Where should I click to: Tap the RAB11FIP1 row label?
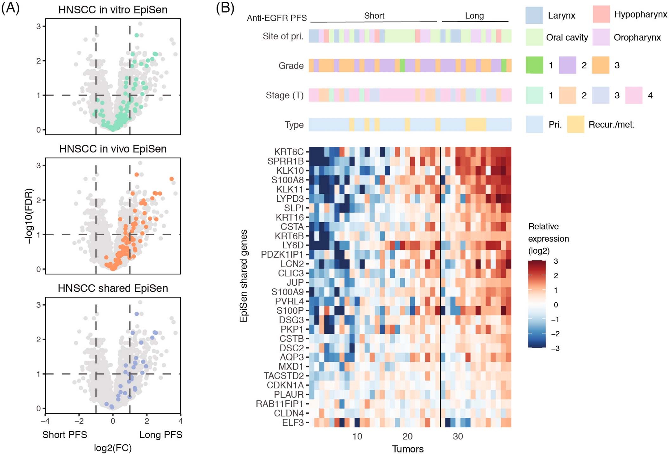click(x=279, y=404)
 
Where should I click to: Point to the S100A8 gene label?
click(x=287, y=180)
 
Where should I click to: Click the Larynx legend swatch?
click(x=534, y=15)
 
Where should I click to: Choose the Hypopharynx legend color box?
click(x=601, y=15)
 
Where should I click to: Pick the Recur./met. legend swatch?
click(x=575, y=124)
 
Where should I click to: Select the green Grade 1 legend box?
click(x=534, y=65)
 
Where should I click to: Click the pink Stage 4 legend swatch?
click(x=633, y=95)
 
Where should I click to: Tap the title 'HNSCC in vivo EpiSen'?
click(x=113, y=149)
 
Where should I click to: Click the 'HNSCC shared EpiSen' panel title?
click(x=113, y=288)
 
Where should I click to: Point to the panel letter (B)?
click(x=225, y=8)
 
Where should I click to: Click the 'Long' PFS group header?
click(x=474, y=16)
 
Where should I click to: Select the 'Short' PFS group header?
click(x=374, y=16)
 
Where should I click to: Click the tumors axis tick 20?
click(x=407, y=437)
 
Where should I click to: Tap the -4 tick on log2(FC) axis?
click(x=45, y=421)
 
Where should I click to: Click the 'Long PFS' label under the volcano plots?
click(x=161, y=434)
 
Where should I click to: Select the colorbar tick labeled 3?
click(x=555, y=261)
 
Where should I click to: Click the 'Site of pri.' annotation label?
click(x=283, y=36)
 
